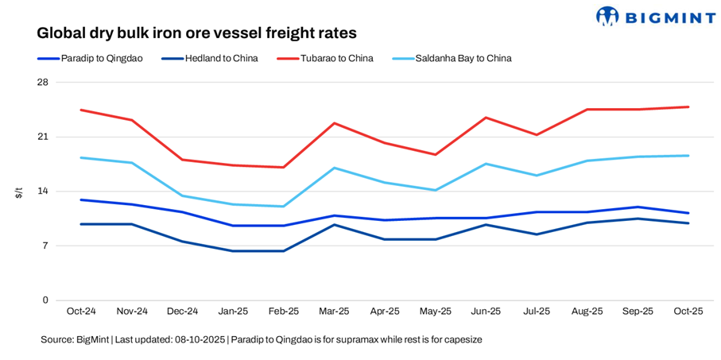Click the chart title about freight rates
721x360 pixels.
click(x=196, y=33)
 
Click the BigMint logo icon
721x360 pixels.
click(x=607, y=16)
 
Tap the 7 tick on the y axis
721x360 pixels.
click(x=45, y=246)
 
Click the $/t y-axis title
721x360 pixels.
click(x=19, y=192)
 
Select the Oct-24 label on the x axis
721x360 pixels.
click(x=82, y=312)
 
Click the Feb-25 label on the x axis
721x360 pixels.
click(x=284, y=312)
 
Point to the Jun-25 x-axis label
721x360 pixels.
click(x=486, y=312)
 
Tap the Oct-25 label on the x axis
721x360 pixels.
click(x=688, y=312)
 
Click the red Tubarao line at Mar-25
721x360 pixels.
click(x=334, y=123)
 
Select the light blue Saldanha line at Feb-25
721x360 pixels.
click(x=284, y=207)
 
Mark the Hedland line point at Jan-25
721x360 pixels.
click(x=233, y=251)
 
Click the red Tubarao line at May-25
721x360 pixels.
click(x=435, y=154)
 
